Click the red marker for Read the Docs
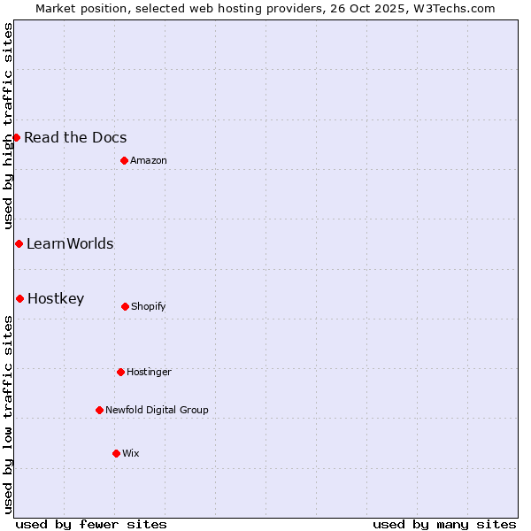(16, 137)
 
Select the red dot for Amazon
(124, 160)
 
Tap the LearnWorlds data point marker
(19, 243)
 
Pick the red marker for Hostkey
(19, 298)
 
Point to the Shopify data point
(125, 306)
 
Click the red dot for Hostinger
(120, 372)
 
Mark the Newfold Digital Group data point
(99, 410)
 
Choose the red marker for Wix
(116, 453)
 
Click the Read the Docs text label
(75, 137)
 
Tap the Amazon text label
(149, 160)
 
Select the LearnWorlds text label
(70, 243)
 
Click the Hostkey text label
(56, 298)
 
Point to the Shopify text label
(149, 306)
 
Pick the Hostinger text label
(149, 372)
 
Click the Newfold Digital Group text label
(157, 410)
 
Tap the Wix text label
(131, 453)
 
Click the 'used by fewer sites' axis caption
(91, 524)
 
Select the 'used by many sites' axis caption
(444, 524)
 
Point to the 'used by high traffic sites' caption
(8, 127)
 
